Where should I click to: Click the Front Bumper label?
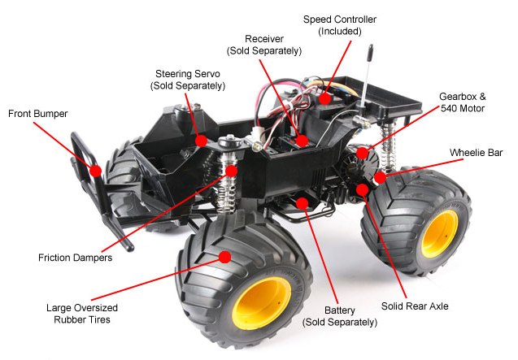(37, 114)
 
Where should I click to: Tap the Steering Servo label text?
(188, 80)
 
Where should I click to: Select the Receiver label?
(264, 45)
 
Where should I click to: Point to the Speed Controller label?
(340, 25)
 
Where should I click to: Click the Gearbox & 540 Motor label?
(463, 102)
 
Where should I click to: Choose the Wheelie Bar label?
(476, 153)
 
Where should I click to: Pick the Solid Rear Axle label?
(415, 306)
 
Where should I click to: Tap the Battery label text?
(340, 316)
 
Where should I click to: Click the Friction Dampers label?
(75, 258)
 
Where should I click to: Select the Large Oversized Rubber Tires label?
(82, 314)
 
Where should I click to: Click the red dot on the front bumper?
(95, 171)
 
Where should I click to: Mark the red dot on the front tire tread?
(224, 257)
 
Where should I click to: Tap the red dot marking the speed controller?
(324, 98)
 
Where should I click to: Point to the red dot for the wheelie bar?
(380, 178)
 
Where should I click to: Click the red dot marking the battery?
(302, 203)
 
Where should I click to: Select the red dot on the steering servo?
(201, 141)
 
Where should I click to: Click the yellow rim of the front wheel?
(261, 303)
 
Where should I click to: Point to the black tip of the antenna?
(370, 53)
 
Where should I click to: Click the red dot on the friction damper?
(231, 171)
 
